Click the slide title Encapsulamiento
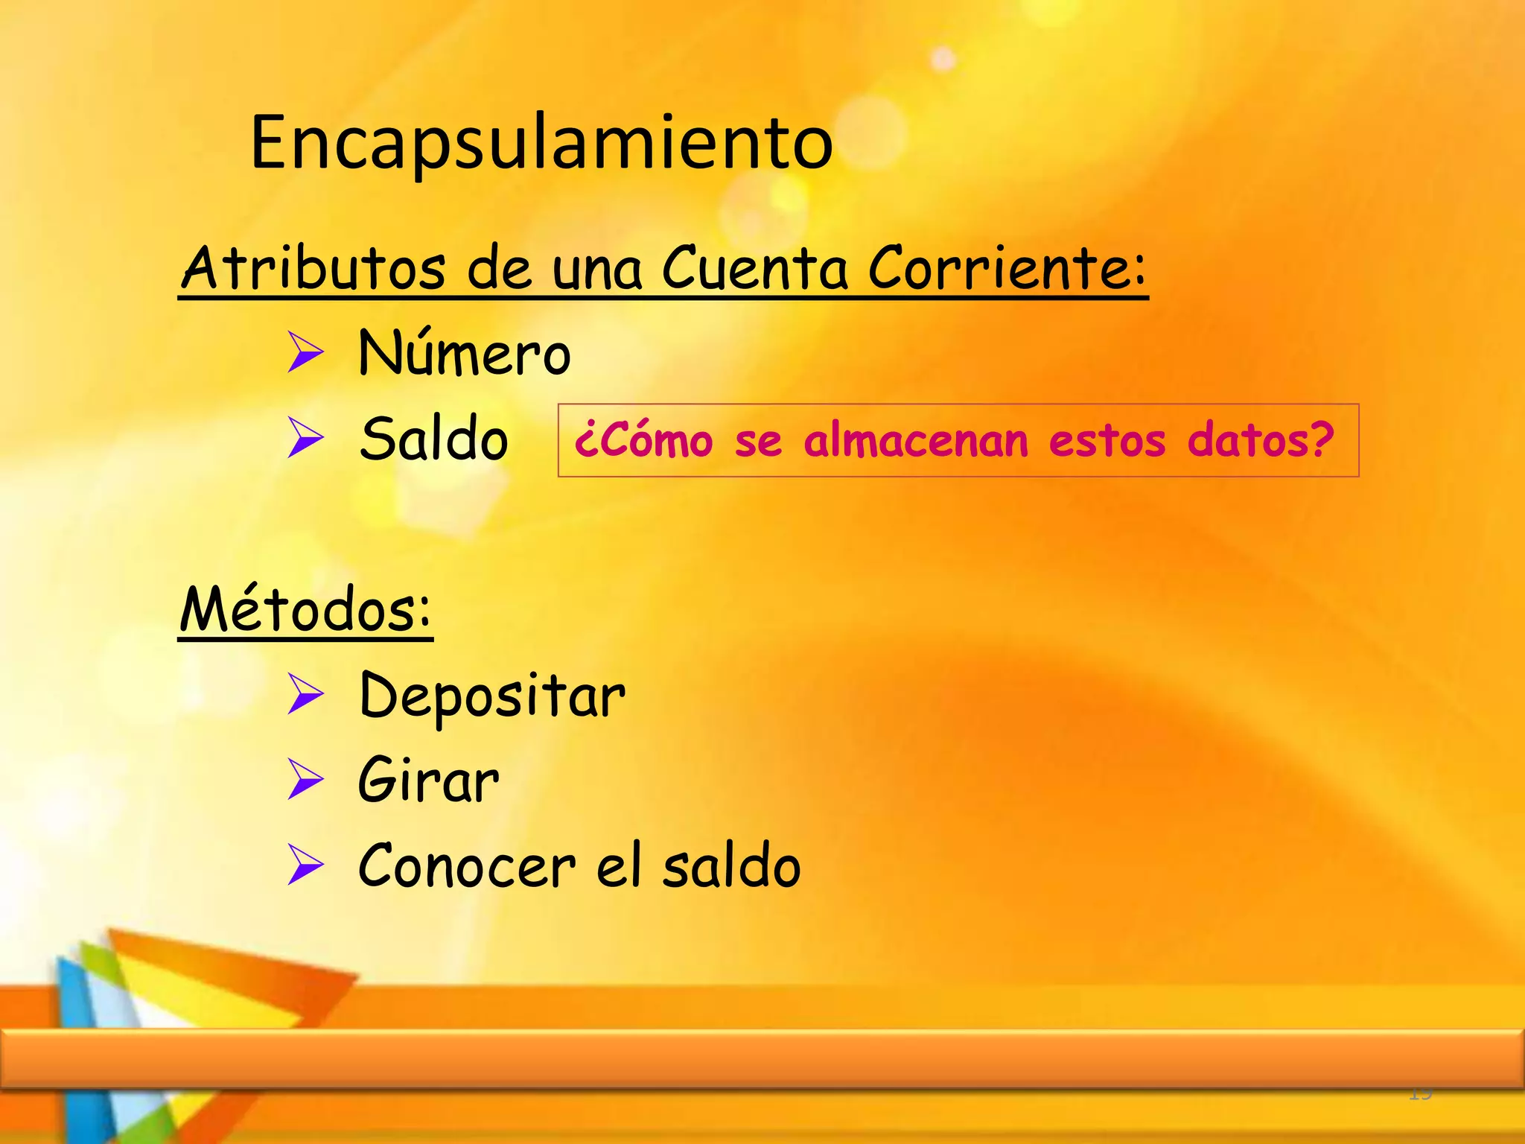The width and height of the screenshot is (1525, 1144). [541, 143]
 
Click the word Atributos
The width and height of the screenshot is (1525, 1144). [313, 267]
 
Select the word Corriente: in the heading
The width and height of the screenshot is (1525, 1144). [1007, 267]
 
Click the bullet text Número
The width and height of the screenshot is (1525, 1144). [464, 353]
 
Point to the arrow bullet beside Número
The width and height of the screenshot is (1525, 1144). [305, 353]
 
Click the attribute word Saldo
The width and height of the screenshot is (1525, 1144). [434, 439]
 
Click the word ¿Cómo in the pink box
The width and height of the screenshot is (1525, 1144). [643, 440]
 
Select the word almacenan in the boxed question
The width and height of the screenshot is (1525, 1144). [915, 440]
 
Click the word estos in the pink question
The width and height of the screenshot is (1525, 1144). [1107, 440]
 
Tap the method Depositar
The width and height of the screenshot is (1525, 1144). [491, 696]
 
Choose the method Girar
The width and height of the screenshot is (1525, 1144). [428, 780]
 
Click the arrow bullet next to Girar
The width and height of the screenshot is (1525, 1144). [305, 780]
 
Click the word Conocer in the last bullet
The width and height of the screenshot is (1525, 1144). [467, 865]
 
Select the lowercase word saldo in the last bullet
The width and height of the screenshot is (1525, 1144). [731, 865]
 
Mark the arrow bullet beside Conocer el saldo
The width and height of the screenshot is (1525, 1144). [305, 865]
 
